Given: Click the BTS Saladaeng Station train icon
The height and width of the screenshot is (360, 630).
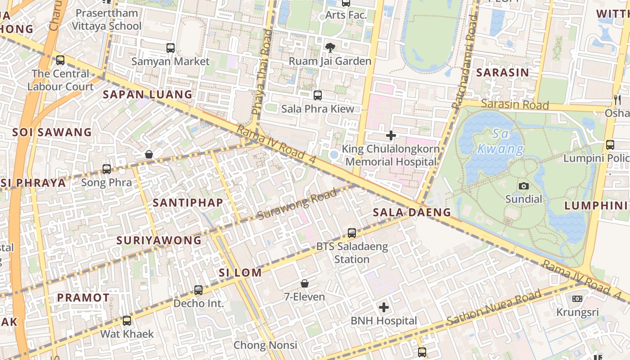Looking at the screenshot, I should coord(352,233).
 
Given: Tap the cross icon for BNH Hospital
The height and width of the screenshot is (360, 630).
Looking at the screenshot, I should coord(383,308).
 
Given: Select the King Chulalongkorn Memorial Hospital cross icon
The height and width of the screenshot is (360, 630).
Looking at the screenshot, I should coord(391,135).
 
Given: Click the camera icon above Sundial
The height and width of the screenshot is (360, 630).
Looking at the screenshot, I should coord(523,186).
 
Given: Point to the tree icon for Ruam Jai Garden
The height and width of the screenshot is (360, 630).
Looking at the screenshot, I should coord(330,48).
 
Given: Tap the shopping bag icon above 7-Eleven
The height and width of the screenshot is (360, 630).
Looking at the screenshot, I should coord(305,283).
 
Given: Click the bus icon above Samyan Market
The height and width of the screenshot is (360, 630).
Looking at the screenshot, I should coord(171,48).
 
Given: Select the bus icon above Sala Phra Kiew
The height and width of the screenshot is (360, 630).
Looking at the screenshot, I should coord(318,95).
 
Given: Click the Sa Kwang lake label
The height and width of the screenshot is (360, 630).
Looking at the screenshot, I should coord(500,141).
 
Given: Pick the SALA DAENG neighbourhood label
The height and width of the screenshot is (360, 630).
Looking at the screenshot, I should coord(412,212).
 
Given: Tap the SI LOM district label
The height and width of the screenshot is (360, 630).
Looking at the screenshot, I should coord(240,273).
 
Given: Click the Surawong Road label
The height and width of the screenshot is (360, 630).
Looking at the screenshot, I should coord(297,205).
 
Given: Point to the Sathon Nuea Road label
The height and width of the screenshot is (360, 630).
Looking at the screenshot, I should coord(494,308).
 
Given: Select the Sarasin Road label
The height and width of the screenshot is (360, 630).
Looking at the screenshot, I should coord(515,104).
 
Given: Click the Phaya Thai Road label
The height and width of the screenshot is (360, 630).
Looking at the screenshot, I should coord(262,72).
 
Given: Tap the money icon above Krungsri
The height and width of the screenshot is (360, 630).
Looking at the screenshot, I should coord(577,299).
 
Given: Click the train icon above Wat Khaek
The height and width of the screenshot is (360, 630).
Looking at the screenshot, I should coord(127,321).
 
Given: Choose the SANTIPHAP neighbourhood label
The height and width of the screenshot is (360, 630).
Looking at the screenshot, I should coord(188,203).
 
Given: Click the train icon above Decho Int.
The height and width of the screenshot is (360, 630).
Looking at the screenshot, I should coord(198,290).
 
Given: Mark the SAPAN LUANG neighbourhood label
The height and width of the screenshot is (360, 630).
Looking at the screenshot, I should coord(148,94).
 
